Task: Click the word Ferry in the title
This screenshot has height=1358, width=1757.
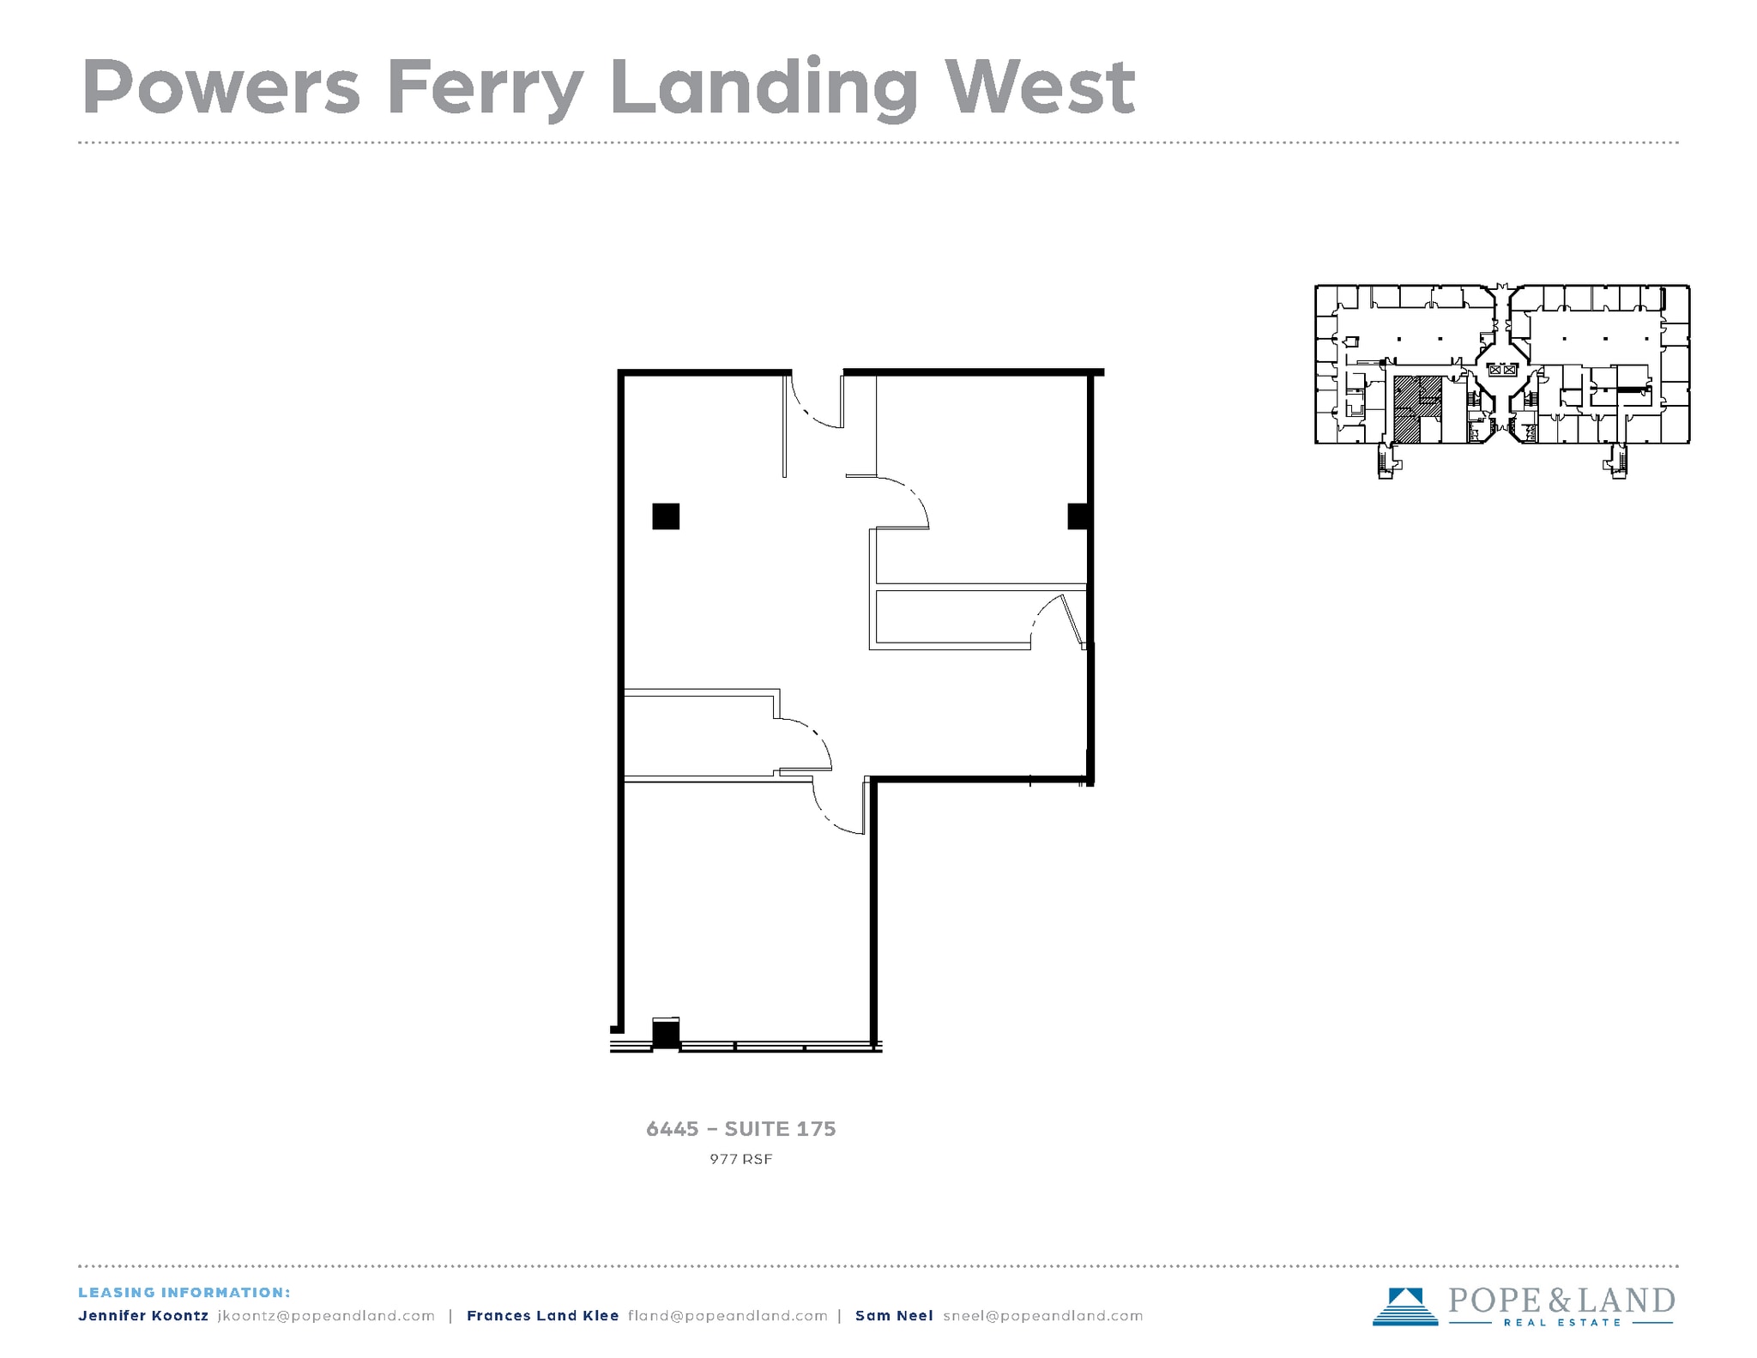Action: [x=485, y=88]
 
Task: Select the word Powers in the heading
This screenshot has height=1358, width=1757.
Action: [x=220, y=88]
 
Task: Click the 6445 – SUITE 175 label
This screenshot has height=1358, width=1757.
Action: [x=740, y=1129]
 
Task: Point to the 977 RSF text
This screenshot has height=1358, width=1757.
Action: [x=740, y=1159]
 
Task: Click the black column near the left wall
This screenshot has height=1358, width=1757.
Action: [x=666, y=516]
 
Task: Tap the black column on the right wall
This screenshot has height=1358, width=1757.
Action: [x=1078, y=516]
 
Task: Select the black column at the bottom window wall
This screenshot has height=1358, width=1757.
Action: [x=666, y=1034]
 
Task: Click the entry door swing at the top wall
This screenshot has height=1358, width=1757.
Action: [x=815, y=403]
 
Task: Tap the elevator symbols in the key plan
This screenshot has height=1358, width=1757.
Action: [x=1503, y=371]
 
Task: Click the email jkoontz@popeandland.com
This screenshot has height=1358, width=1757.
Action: [x=326, y=1316]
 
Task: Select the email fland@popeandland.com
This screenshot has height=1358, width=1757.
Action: [x=728, y=1316]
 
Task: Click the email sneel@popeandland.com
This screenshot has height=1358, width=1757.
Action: [x=1042, y=1316]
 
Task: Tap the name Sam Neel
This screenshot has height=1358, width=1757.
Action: [x=893, y=1316]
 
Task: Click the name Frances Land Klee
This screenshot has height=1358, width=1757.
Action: [x=542, y=1316]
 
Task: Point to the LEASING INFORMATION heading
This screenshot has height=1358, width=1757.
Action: [x=184, y=1293]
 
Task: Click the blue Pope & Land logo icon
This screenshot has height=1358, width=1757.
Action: [x=1404, y=1306]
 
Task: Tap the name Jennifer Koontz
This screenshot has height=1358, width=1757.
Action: [x=142, y=1316]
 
